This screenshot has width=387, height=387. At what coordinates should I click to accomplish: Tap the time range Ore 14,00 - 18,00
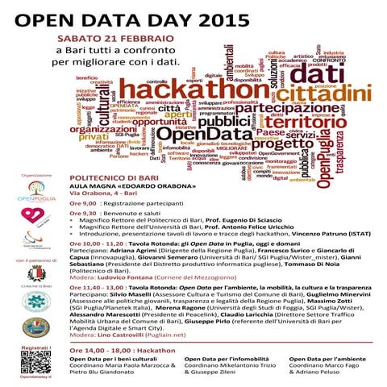click(x=100, y=330)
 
